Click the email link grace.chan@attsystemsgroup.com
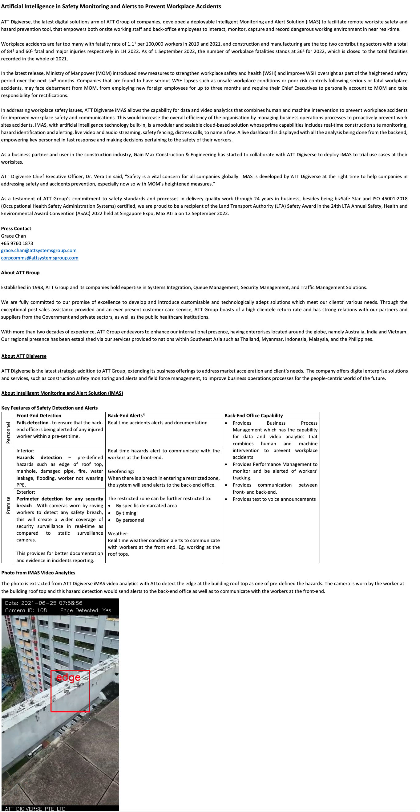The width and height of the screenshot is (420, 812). [39, 251]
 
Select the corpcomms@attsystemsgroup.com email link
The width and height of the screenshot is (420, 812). [40, 258]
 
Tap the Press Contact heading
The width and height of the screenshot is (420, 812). [16, 229]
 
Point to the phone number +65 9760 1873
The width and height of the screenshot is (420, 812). [17, 243]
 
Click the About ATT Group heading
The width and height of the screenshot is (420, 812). [20, 273]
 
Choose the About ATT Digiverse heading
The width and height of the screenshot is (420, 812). [24, 356]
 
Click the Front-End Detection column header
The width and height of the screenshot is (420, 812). [39, 415]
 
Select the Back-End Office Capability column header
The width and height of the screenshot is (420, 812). [253, 415]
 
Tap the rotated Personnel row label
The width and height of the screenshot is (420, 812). [8, 433]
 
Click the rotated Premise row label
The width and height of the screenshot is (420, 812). [8, 505]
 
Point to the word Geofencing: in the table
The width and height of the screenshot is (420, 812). [121, 471]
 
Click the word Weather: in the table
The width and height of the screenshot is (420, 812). [118, 534]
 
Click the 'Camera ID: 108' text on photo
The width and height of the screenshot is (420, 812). [26, 610]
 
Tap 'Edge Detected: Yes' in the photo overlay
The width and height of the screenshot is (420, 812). [86, 610]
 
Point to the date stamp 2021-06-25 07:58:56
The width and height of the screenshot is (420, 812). [43, 603]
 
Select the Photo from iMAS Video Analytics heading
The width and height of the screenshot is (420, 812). [38, 573]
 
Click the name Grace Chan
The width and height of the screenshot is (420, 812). [14, 236]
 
